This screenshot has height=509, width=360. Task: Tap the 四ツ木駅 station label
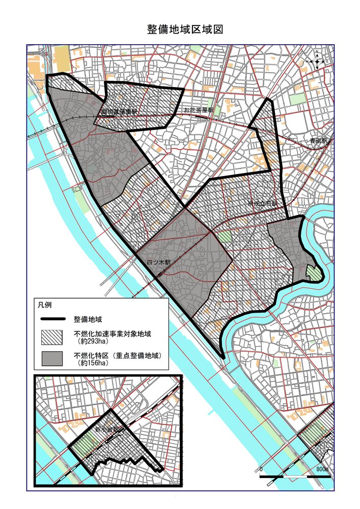click(x=158, y=263)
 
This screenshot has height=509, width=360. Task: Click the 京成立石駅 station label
click(x=263, y=204)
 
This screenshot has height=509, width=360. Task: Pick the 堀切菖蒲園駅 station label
click(x=119, y=111)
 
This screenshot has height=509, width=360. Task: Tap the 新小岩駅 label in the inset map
click(x=107, y=429)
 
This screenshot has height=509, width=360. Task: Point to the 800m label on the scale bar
click(x=322, y=468)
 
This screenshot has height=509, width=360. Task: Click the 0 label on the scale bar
click(x=261, y=468)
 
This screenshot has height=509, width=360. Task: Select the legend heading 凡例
click(x=44, y=305)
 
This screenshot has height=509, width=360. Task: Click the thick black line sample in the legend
click(x=52, y=320)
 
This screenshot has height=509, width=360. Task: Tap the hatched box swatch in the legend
click(x=52, y=337)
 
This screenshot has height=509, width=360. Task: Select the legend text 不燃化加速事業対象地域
click(x=113, y=334)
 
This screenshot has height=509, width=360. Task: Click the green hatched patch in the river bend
click(x=314, y=273)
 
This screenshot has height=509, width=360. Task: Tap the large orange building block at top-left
click(x=61, y=57)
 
